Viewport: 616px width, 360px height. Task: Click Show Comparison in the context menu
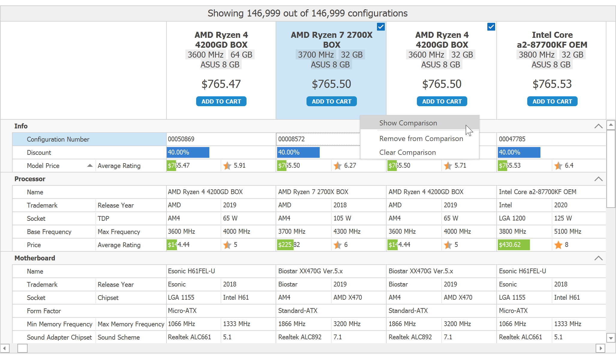pyautogui.click(x=408, y=123)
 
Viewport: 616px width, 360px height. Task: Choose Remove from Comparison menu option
pyautogui.click(x=421, y=139)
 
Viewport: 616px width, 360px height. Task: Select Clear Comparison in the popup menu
pyautogui.click(x=407, y=152)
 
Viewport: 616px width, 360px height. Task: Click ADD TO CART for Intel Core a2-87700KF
pyautogui.click(x=552, y=101)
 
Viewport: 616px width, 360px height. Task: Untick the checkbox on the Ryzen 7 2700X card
pyautogui.click(x=381, y=27)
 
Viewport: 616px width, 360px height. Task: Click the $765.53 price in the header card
pyautogui.click(x=552, y=84)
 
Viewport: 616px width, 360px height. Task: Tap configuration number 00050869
pyautogui.click(x=181, y=139)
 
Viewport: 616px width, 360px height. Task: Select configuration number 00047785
pyautogui.click(x=512, y=139)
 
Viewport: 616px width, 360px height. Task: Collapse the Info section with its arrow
pyautogui.click(x=598, y=126)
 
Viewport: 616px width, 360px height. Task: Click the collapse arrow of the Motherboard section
pyautogui.click(x=598, y=258)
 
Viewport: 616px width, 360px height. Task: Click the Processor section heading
pyautogui.click(x=30, y=179)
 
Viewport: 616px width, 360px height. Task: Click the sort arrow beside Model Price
pyautogui.click(x=90, y=166)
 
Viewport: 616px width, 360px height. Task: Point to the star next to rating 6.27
pyautogui.click(x=338, y=166)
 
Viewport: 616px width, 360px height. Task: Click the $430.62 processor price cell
pyautogui.click(x=510, y=245)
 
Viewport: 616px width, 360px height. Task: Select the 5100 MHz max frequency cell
pyautogui.click(x=568, y=232)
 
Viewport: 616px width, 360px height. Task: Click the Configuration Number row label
pyautogui.click(x=58, y=139)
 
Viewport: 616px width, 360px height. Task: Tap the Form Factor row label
pyautogui.click(x=44, y=311)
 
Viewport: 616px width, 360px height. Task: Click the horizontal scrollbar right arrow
pyautogui.click(x=600, y=348)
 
